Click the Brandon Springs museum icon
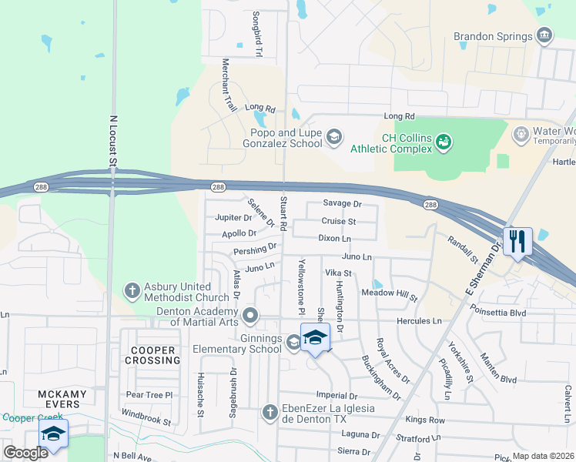click(x=544, y=36)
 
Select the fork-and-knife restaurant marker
click(x=516, y=241)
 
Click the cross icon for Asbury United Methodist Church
click(x=132, y=292)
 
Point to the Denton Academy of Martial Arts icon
click(x=249, y=315)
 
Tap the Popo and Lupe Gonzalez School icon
click(x=333, y=137)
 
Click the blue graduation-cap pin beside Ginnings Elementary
click(x=314, y=338)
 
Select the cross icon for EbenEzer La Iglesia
click(x=270, y=413)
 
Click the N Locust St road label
click(x=112, y=141)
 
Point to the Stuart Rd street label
click(x=283, y=214)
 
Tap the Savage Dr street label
click(x=342, y=204)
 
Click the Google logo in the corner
click(x=26, y=453)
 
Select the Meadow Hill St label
click(x=389, y=296)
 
